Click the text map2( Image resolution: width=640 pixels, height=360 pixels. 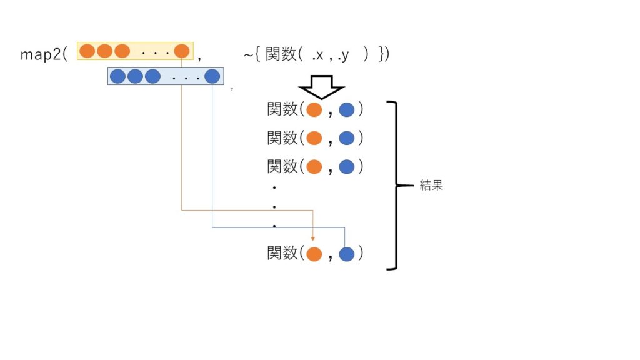[x=44, y=54]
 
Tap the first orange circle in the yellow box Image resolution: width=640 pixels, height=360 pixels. [x=87, y=51]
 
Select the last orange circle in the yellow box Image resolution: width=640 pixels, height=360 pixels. [x=182, y=51]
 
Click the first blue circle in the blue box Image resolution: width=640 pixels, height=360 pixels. [x=117, y=76]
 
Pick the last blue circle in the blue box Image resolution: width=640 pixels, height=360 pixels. [x=212, y=76]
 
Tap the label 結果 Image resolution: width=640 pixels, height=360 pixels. [x=431, y=186]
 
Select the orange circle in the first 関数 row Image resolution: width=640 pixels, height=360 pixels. [x=314, y=110]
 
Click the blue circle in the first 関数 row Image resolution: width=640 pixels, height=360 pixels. [x=347, y=110]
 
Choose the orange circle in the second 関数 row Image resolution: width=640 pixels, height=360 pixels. [x=314, y=138]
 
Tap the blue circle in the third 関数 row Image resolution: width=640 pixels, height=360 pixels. [x=347, y=167]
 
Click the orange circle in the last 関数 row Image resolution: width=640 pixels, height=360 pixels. [x=314, y=254]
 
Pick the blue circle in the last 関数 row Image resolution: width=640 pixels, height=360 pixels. [x=347, y=254]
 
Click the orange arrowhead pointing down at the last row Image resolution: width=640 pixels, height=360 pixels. [x=312, y=238]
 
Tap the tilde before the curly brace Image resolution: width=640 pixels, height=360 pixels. [x=248, y=55]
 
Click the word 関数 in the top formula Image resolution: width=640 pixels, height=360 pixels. [x=281, y=55]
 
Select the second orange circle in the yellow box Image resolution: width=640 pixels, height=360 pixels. [x=104, y=51]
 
